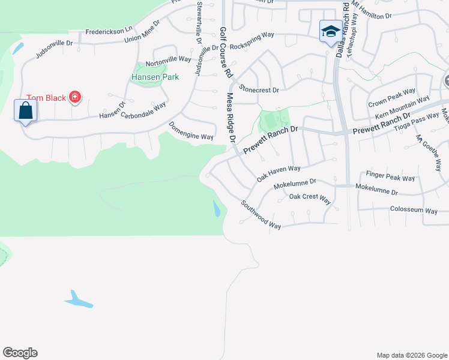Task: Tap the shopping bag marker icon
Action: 25,111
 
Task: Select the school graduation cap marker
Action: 330,31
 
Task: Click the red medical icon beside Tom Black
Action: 75,97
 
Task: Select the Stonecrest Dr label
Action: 259,90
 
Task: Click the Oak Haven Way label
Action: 278,173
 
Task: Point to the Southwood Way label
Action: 261,214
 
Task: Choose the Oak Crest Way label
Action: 310,197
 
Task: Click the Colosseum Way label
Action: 414,211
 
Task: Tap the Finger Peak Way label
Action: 390,178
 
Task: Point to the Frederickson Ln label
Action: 109,30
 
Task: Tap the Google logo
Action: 20,353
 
